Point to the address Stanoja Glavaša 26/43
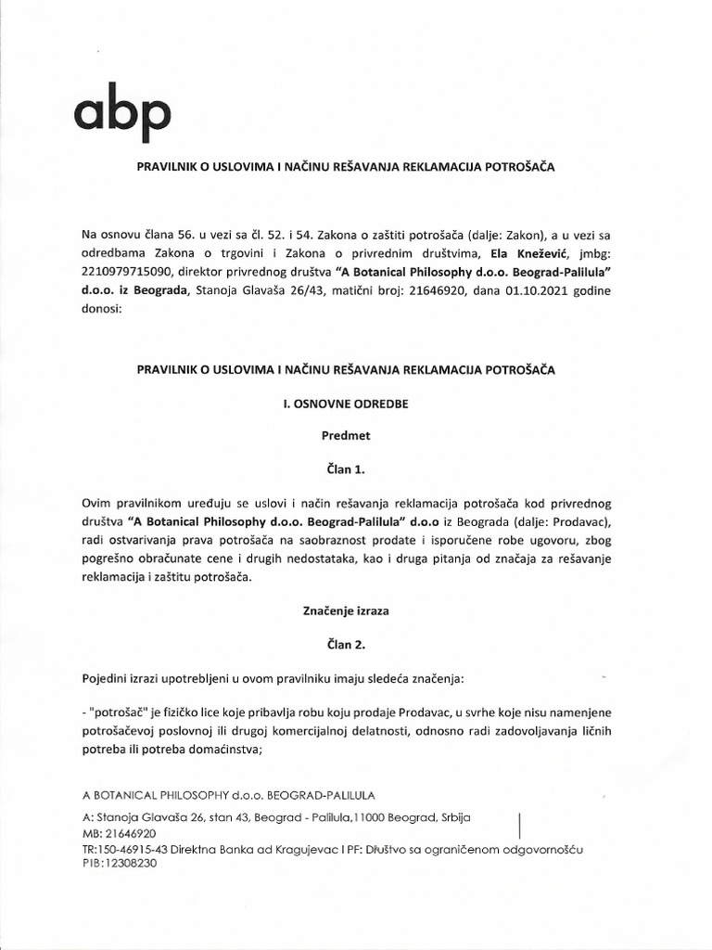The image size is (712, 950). pyautogui.click(x=251, y=295)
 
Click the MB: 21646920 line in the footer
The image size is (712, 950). pyautogui.click(x=119, y=833)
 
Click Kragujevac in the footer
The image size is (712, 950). pyautogui.click(x=299, y=848)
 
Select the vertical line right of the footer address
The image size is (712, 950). pyautogui.click(x=517, y=826)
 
